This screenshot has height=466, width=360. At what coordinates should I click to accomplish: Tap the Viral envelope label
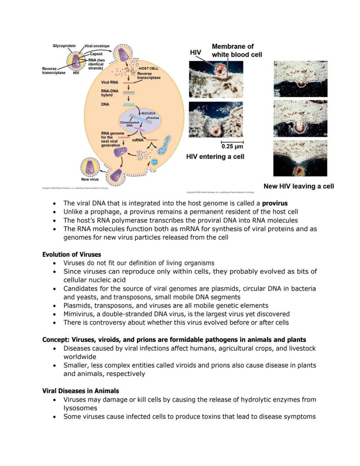coord(97,46)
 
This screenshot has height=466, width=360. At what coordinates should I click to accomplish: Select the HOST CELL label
coord(148,69)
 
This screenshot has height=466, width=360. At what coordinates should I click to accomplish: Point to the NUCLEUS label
coord(148,113)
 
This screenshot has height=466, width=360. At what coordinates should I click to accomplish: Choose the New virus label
coord(90,179)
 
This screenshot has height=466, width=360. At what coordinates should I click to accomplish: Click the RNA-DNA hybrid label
coord(110,93)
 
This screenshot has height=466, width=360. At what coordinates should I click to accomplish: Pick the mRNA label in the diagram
coord(138,140)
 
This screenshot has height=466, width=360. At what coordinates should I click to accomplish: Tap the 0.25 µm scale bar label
coord(232,146)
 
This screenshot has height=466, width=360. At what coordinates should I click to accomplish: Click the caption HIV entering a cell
coord(215,157)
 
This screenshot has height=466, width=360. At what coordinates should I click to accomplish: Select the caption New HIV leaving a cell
coord(299,186)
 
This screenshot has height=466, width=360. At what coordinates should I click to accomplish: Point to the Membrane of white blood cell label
coord(233,50)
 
